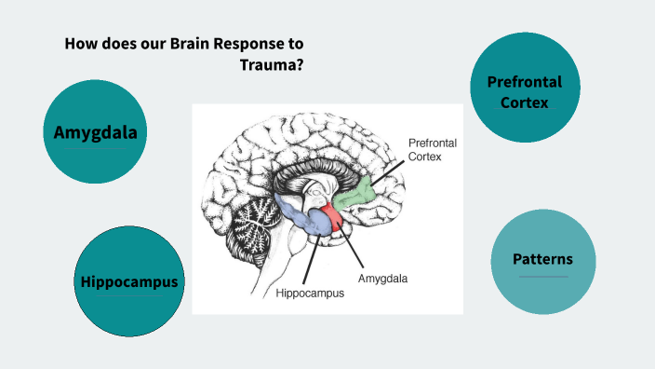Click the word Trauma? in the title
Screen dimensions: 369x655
click(x=272, y=65)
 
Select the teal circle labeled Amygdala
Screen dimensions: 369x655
click(x=95, y=131)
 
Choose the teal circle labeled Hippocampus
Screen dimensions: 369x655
click(x=127, y=280)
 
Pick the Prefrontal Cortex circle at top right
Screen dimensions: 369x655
click(x=524, y=88)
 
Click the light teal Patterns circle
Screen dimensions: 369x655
click(x=542, y=261)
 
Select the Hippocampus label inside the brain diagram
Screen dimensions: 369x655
click(x=310, y=294)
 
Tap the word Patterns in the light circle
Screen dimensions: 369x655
click(x=542, y=258)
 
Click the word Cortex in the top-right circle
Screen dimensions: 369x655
click(x=524, y=102)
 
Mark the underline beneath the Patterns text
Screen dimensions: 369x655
click(x=542, y=277)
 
